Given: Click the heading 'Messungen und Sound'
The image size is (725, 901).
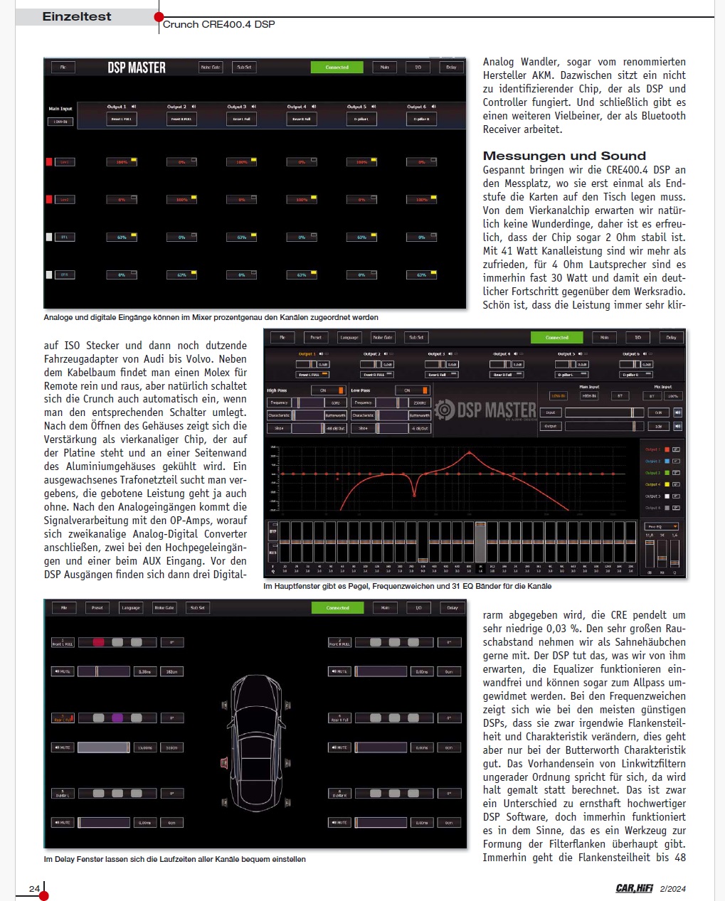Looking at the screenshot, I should pos(564,156).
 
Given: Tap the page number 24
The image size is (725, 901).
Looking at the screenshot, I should pos(34,888).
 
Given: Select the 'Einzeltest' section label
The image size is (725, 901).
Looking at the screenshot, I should pos(77,16).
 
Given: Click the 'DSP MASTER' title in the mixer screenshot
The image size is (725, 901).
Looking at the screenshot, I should pos(137,68).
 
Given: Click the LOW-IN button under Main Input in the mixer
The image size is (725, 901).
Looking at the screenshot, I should pos(60,122).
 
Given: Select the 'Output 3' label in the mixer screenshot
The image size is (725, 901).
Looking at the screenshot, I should pos(237,107).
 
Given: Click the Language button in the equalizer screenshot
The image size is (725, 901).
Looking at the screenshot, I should pos(349,337).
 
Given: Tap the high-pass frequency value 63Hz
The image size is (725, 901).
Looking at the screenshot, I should pos(335,402).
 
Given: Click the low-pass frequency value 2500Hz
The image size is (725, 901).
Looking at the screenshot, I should pos(420,402).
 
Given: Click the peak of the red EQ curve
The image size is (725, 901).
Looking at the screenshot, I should pos(470,453).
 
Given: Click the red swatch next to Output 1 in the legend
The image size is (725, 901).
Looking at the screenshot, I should pos(667,449).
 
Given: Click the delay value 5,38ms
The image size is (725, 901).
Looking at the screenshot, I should pos(144,671).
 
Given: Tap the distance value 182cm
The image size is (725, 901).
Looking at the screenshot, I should pos(171,671).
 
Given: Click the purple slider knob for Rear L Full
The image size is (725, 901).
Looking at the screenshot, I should pos(117,718).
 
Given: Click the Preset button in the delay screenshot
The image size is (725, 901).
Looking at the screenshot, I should pos(97,607).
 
